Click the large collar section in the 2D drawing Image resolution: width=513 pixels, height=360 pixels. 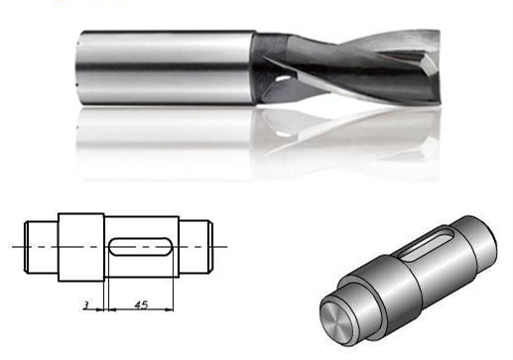tap(81, 245)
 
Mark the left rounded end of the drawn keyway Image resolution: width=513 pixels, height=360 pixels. tap(112, 245)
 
